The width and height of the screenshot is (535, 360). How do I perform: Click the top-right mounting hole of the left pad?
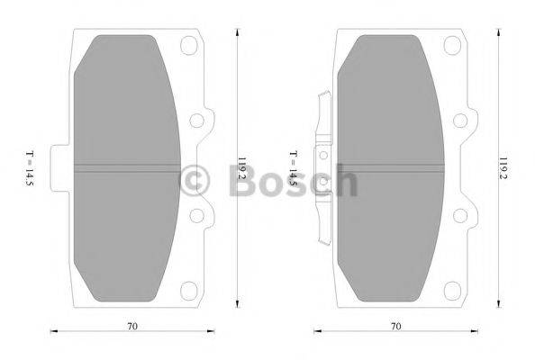(x=189, y=44)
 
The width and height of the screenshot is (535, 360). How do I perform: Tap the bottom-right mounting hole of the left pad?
(x=189, y=289)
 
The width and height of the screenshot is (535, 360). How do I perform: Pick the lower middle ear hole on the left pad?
(x=196, y=214)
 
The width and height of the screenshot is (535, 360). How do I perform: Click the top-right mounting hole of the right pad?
(x=452, y=44)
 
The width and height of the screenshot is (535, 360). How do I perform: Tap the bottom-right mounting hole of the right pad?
(x=452, y=289)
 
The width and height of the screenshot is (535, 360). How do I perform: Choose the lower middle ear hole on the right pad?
(x=459, y=214)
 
